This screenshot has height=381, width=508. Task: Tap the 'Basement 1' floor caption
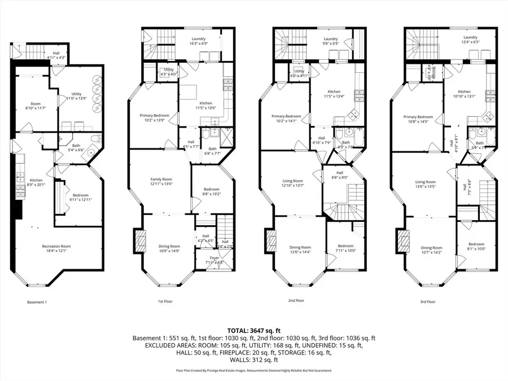click(37, 302)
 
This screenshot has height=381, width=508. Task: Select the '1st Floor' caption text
click(165, 302)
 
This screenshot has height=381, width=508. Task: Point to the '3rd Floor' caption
click(427, 302)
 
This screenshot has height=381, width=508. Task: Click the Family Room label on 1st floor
click(160, 181)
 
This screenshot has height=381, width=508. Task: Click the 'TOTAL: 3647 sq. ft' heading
click(253, 330)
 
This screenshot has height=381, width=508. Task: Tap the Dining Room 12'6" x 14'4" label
click(300, 249)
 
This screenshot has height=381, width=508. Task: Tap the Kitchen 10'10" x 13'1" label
click(464, 93)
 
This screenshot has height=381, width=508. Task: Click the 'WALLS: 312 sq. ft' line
click(253, 360)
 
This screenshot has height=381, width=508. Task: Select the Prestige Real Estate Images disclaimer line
click(253, 371)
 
